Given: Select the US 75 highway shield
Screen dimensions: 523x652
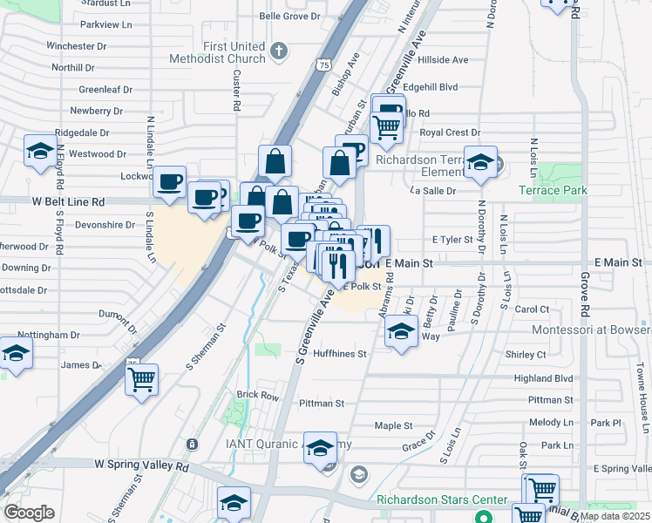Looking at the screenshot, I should (324, 65).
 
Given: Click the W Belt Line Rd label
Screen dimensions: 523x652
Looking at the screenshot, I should (69, 201).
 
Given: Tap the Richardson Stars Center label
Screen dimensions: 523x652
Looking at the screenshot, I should (442, 499).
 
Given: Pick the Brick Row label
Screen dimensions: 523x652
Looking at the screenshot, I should (258, 395).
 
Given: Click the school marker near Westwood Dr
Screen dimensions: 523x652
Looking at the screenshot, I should (40, 152).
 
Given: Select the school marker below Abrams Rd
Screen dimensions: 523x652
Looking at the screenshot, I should (401, 331).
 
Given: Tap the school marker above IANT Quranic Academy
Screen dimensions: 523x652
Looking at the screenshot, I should (321, 447).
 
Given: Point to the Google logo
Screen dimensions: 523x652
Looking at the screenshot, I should (30, 513).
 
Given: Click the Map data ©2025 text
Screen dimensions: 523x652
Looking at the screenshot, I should (615, 516).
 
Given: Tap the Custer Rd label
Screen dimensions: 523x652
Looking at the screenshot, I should (236, 91).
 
